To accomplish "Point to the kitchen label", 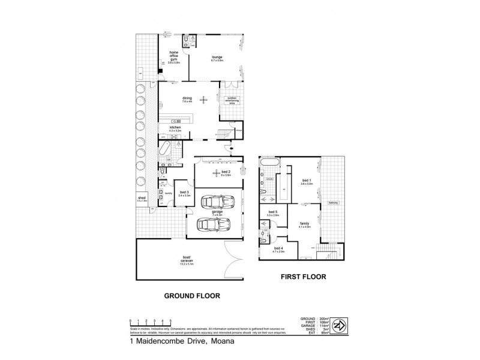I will point(175,128).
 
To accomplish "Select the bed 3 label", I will point(184,193).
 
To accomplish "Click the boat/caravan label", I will point(187,261).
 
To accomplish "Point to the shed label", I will point(142,198).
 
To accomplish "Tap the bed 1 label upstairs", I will point(307,182).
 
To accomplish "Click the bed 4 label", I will point(278,250).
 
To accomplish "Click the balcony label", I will point(335,203).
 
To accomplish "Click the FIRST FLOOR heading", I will point(304,277).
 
